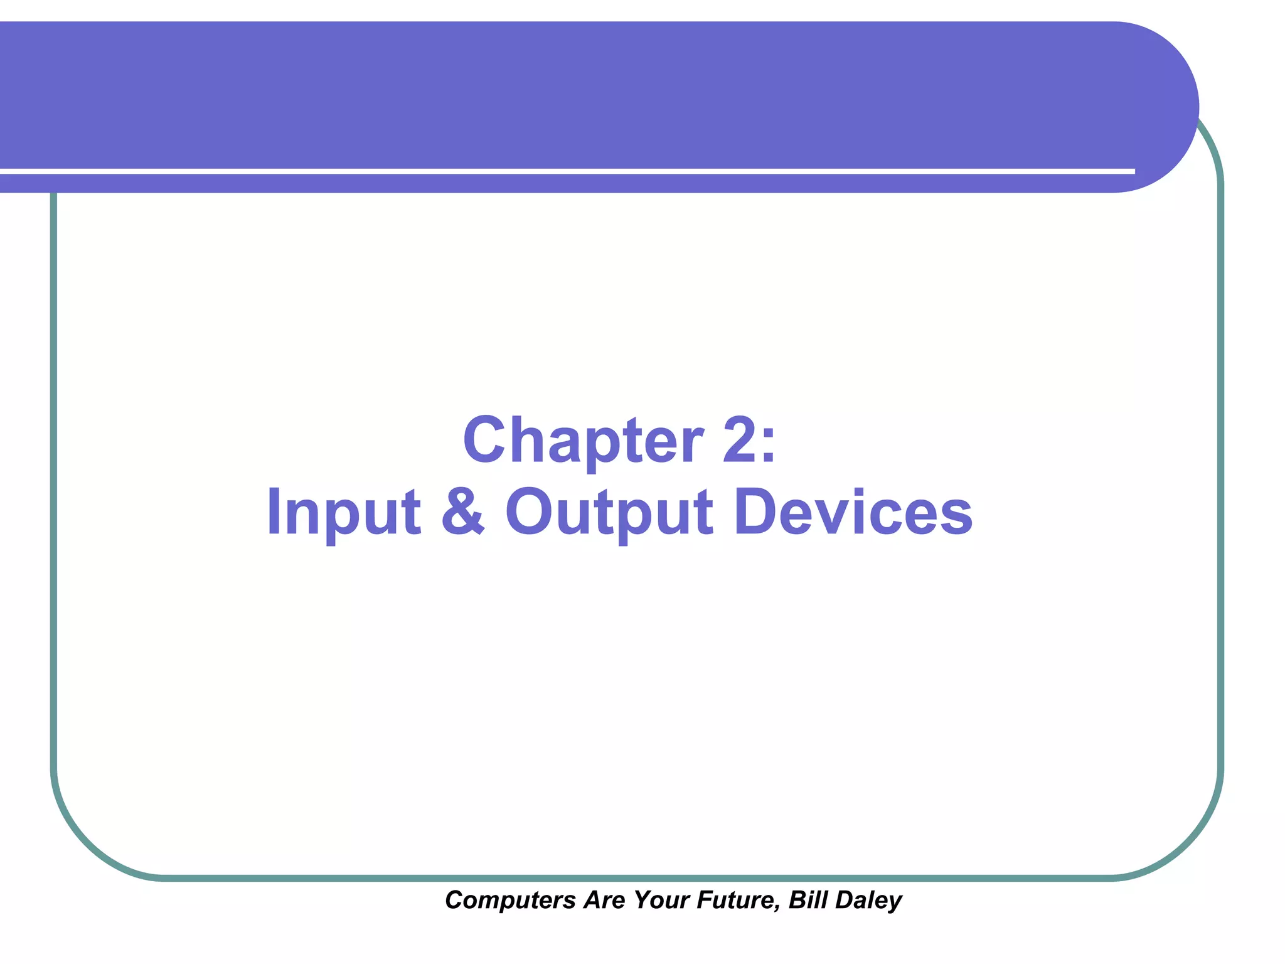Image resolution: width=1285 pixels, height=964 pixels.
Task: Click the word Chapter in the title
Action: tap(583, 441)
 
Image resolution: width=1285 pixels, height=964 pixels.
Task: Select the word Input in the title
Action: tap(343, 513)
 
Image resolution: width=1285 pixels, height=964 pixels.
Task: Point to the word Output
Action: tap(609, 513)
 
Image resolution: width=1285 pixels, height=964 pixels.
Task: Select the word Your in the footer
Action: tap(661, 900)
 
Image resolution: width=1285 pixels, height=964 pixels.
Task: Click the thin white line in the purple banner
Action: tap(565, 171)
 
